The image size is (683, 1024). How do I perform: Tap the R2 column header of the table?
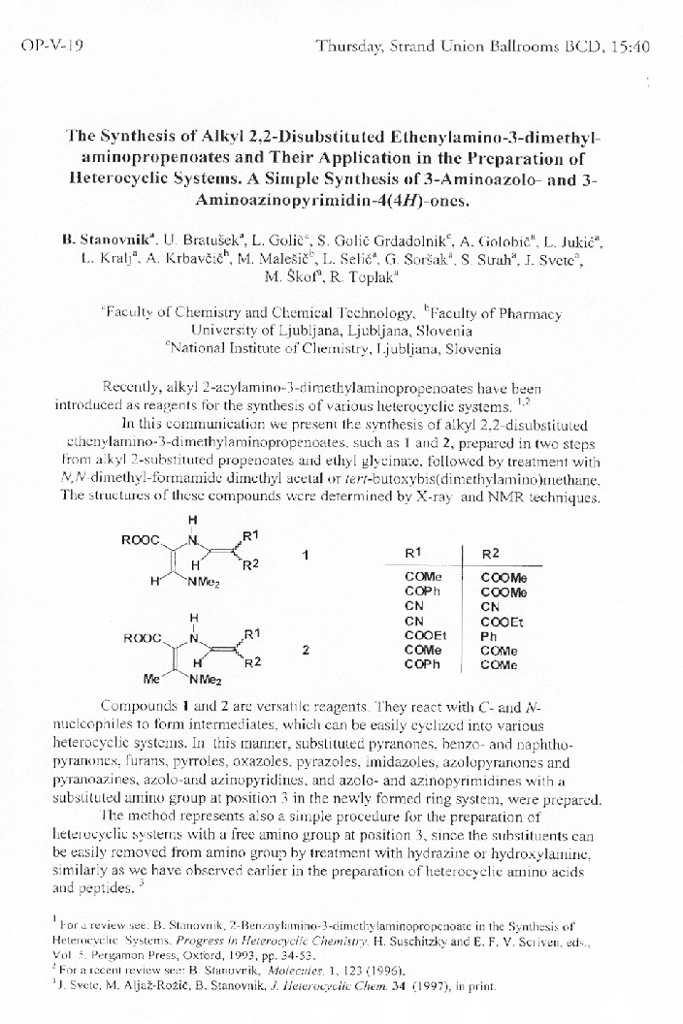[x=492, y=553]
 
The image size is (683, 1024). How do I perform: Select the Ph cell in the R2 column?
[x=488, y=637]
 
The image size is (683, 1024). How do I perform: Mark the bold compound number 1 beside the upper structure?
[x=305, y=555]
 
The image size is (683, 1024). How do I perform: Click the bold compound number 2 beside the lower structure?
[x=306, y=651]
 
